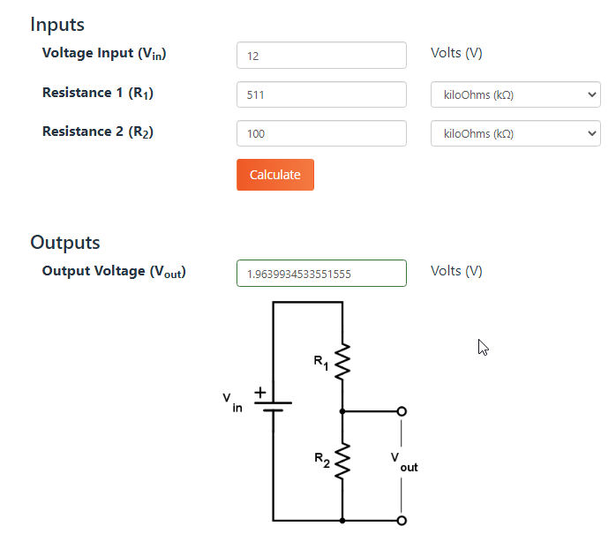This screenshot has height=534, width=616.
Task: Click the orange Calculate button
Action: [275, 175]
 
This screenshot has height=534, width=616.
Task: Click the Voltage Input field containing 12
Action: [321, 56]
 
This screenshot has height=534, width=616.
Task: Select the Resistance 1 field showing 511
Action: [321, 94]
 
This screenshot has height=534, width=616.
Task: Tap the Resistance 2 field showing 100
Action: [321, 133]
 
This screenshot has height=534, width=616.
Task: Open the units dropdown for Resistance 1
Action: [515, 94]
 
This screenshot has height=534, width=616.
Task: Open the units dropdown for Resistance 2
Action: [515, 133]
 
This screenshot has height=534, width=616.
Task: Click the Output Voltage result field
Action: [321, 273]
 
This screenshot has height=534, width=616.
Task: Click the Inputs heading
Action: [57, 25]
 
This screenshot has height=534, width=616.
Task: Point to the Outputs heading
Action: [65, 243]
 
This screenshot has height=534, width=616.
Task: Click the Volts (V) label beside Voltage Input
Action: [456, 53]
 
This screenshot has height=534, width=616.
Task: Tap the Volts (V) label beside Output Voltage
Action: [456, 271]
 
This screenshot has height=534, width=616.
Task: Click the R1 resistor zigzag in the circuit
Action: [342, 362]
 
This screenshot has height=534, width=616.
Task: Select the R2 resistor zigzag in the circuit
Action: [342, 461]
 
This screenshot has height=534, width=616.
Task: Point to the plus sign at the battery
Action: [260, 393]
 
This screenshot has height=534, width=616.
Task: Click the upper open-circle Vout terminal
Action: [402, 411]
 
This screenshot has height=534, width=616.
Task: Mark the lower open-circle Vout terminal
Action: [402, 521]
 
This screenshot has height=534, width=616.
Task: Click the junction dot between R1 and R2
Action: [342, 411]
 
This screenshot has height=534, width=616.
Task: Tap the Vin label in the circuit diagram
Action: [232, 402]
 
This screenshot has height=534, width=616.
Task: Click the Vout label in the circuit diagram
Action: [404, 463]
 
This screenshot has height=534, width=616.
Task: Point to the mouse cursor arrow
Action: [484, 348]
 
